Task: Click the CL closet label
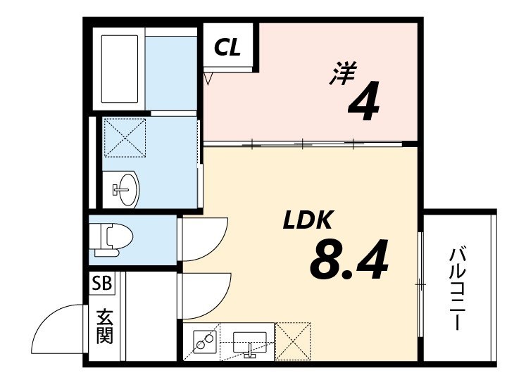(228, 47)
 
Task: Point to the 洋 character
(342, 73)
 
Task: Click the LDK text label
(307, 222)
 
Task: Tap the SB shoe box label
(102, 284)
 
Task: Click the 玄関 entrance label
(104, 324)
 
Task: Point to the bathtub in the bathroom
(121, 69)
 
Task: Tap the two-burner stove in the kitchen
(204, 342)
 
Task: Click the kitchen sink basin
(249, 341)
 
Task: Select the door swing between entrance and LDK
(205, 294)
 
